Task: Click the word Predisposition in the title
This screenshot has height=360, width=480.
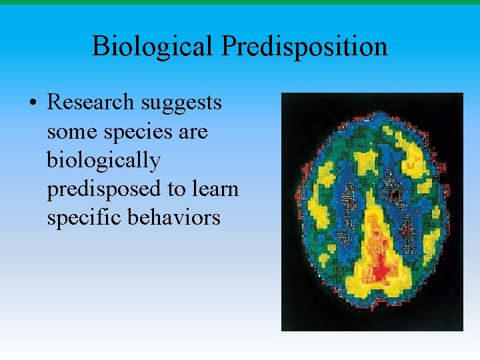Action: [305, 47]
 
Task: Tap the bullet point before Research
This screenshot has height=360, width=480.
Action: [32, 104]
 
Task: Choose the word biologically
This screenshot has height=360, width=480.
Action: [103, 161]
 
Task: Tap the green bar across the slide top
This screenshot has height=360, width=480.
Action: [240, 2]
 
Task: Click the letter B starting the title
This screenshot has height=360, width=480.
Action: [100, 47]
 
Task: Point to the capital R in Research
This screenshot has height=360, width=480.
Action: [55, 103]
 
